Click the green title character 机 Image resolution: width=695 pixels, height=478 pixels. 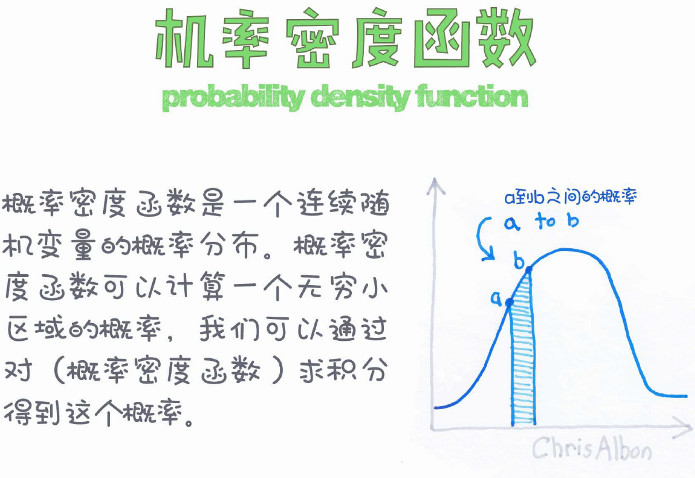[x=184, y=38]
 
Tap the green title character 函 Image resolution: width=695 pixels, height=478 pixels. [x=442, y=38]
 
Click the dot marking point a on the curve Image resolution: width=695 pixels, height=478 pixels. [x=509, y=303]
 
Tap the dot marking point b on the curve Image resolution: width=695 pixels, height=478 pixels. [x=529, y=270]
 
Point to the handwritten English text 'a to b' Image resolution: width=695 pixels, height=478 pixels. [x=541, y=221]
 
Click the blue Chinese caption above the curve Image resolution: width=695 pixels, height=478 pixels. [x=570, y=197]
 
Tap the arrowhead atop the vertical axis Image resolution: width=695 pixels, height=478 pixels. [x=435, y=186]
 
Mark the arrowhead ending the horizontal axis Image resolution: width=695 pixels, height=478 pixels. [x=683, y=427]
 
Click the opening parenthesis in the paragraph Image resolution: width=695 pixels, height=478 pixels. [x=59, y=370]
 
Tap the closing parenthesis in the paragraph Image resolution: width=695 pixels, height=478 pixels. [x=278, y=370]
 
